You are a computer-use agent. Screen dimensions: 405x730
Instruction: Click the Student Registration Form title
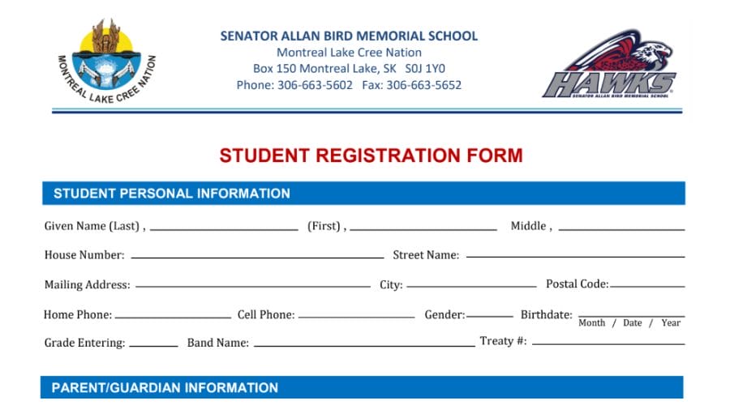371,156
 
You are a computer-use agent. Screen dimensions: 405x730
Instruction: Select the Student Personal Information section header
171,194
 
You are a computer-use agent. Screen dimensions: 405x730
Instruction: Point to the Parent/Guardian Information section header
165,388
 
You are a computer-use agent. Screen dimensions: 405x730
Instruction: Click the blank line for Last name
224,229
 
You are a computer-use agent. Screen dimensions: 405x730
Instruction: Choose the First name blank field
423,229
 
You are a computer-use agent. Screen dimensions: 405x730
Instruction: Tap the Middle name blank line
621,229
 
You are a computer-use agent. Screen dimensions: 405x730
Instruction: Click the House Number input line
257,258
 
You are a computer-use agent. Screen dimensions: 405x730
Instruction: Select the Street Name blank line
575,258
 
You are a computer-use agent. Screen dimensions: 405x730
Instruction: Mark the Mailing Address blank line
252,287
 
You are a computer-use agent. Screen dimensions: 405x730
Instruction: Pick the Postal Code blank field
647,287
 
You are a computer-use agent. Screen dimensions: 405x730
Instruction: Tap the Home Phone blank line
173,317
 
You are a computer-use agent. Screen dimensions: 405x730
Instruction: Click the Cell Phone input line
356,317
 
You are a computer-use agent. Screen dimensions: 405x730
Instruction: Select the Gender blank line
490,317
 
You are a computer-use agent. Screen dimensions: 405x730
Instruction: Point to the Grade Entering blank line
153,345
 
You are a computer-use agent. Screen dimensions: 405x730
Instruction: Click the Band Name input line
363,345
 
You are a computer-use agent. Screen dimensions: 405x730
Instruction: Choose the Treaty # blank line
608,343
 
